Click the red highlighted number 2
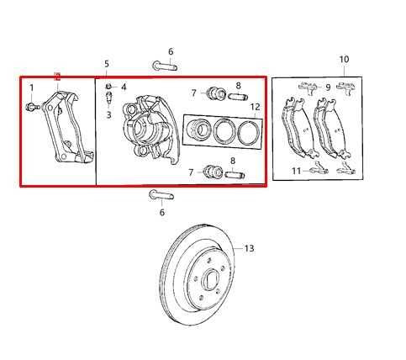pos(57,77)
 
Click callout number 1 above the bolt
pos(32,87)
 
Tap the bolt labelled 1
pos(32,107)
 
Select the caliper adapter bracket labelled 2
pos(68,127)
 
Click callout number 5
pos(107,64)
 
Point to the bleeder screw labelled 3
pos(109,98)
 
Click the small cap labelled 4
pos(109,87)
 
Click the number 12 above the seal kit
pos(255,107)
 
